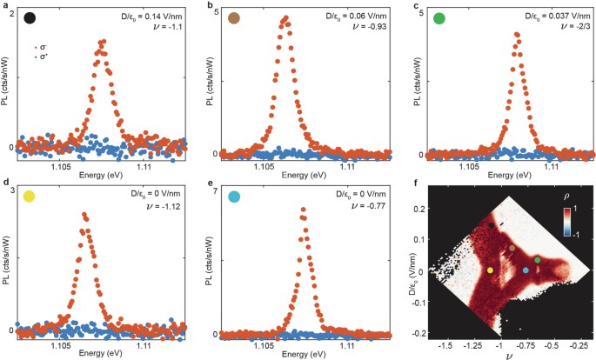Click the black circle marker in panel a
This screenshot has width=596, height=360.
tap(30, 17)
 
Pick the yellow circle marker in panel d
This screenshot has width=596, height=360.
tap(30, 197)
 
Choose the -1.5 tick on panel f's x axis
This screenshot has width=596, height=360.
tap(447, 345)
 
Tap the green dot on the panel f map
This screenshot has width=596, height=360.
tap(538, 260)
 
